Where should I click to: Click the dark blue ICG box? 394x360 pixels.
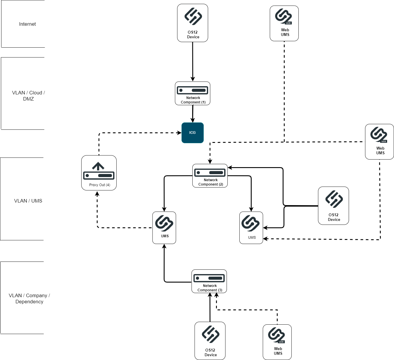coord(192,133)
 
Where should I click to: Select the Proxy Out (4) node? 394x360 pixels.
coord(99,173)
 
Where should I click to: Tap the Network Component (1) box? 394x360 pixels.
coord(192,93)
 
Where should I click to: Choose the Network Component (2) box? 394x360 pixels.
coord(210,176)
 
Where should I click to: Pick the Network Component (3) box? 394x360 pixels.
coord(209,281)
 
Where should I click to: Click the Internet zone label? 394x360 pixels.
coord(27,24)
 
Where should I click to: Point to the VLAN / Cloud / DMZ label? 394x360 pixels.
coord(28,96)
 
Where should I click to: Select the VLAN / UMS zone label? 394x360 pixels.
coord(28,201)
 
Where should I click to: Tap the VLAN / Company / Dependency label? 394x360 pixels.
coord(29,298)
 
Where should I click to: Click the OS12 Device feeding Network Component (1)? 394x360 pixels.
coord(192,23)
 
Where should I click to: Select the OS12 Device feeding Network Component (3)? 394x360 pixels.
coord(210,341)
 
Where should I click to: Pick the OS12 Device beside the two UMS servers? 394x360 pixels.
coord(333,206)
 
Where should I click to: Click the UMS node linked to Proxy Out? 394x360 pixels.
coord(164,228)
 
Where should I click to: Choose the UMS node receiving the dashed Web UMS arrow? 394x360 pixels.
coord(251,228)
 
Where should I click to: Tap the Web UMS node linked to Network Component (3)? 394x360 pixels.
coord(277,342)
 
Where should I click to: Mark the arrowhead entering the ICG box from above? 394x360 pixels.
coord(192,120)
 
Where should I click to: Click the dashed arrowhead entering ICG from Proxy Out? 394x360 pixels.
coord(179,133)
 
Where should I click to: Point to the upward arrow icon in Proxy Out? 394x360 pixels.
coord(98,166)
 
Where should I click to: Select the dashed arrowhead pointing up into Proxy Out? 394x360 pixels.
coord(97,193)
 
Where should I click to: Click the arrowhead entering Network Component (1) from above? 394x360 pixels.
coord(193,79)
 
